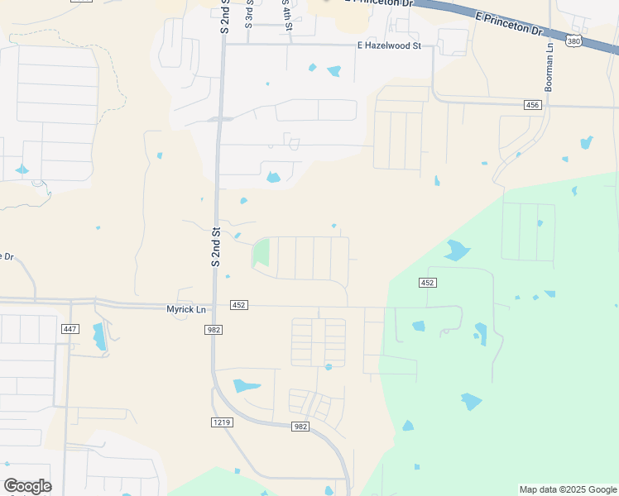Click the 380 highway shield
[573, 40]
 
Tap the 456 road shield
[533, 105]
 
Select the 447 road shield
[70, 329]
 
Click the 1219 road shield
[222, 422]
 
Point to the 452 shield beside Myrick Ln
[239, 305]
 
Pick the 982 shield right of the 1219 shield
[300, 427]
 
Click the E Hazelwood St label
[389, 45]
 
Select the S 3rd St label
[248, 15]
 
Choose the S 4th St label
[287, 17]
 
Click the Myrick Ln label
[186, 308]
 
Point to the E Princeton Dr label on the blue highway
[509, 23]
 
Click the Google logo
[27, 486]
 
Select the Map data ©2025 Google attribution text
[568, 489]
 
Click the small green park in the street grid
[261, 251]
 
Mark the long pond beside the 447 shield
[99, 336]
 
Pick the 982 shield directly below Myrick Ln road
[213, 329]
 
